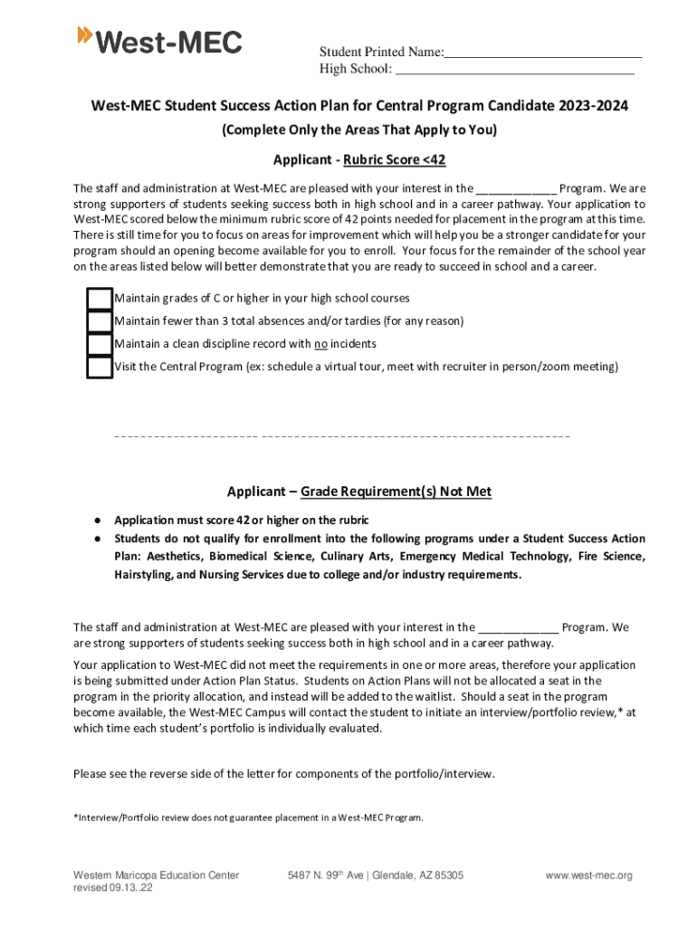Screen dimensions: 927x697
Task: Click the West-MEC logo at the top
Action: [x=160, y=41]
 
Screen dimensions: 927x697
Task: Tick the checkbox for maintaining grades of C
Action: [x=100, y=299]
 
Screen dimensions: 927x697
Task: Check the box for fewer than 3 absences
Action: [x=100, y=321]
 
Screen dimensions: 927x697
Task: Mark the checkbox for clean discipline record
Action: [x=100, y=344]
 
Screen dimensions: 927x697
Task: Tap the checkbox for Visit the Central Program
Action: [x=100, y=367]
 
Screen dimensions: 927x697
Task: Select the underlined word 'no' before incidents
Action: [x=320, y=344]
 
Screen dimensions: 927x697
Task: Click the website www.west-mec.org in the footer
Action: [x=588, y=875]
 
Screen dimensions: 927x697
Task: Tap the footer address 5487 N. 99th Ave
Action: [x=375, y=875]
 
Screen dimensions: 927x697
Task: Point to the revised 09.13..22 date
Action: [x=113, y=888]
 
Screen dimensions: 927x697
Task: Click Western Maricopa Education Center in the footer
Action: [x=156, y=875]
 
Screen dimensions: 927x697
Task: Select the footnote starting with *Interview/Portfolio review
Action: [x=247, y=817]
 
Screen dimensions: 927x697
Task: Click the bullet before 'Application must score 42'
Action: [x=95, y=521]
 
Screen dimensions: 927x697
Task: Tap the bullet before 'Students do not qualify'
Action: [x=95, y=539]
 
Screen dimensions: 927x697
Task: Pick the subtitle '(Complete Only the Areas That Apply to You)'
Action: [x=359, y=130]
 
